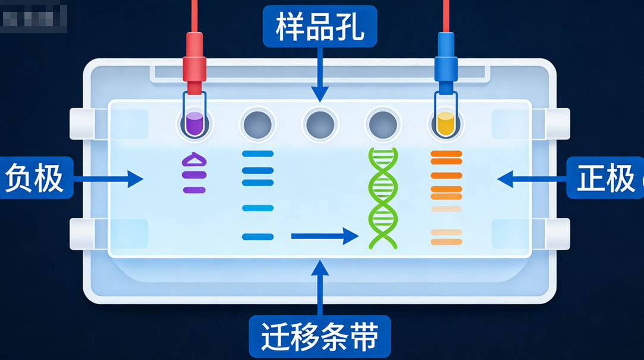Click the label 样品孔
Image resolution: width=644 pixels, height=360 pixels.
coord(320,27)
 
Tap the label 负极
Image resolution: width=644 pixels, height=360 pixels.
coord(34,178)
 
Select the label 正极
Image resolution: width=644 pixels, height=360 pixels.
coord(605,178)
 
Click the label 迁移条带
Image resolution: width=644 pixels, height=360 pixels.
coord(320,337)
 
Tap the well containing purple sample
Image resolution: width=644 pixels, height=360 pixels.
coord(195,124)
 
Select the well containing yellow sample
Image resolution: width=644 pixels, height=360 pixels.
coord(445,124)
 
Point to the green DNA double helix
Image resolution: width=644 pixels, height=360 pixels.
coord(383,198)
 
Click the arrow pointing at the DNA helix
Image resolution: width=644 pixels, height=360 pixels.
coord(325,237)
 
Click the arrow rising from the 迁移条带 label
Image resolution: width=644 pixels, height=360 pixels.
coord(320,289)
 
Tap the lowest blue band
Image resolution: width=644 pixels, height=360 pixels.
coord(258,237)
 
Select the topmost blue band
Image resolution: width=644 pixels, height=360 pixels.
coord(258,154)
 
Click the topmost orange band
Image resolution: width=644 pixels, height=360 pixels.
coord(446,154)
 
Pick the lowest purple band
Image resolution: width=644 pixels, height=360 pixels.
coord(194,190)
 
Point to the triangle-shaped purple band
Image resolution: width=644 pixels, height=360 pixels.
coord(194,159)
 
